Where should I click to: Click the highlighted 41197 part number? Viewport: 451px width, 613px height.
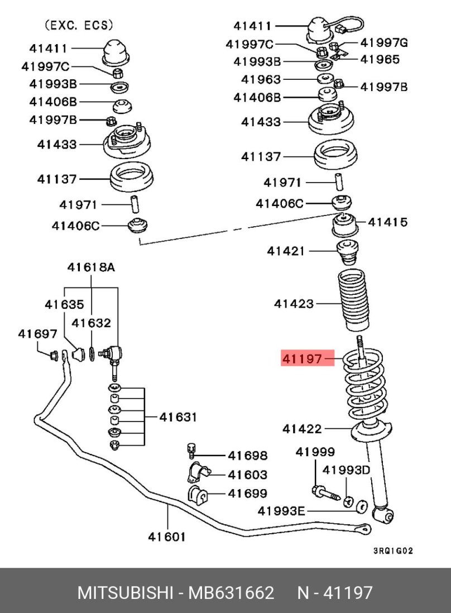tap(302, 358)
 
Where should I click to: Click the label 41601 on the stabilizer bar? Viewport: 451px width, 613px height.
tap(166, 537)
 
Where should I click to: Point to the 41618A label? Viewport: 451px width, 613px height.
tap(91, 267)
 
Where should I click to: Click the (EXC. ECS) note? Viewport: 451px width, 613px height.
tap(78, 25)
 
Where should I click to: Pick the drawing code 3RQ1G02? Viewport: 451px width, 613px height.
tap(392, 550)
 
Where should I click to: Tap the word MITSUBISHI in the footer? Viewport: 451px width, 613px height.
tap(123, 592)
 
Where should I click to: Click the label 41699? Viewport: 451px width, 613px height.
tap(247, 494)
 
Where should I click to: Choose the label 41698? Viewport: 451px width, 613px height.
tap(247, 456)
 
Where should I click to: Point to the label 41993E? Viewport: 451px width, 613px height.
tap(281, 510)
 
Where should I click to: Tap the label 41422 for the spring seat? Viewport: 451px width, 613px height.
tap(301, 429)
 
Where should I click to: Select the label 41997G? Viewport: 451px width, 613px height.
tap(384, 42)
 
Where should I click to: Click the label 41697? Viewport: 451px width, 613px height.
tap(37, 334)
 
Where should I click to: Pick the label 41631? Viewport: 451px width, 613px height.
tap(178, 417)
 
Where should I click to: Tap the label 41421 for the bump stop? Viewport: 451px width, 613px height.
tap(286, 251)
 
